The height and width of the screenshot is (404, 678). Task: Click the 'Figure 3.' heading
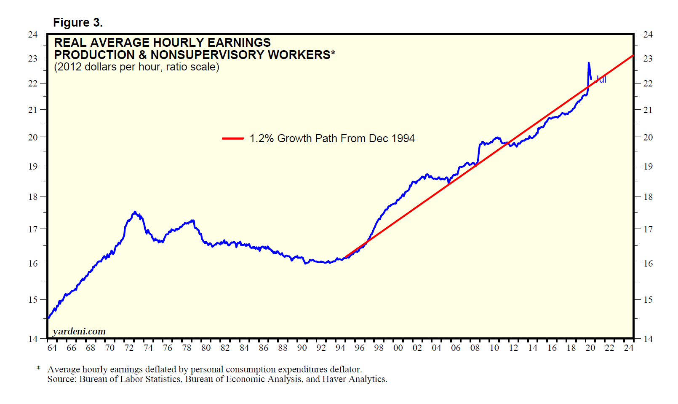78,22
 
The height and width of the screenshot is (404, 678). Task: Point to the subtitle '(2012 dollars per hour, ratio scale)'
136,67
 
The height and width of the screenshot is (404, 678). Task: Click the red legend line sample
233,138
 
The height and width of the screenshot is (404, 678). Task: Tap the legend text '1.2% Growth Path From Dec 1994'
332,138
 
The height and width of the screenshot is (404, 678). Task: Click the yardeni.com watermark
79,331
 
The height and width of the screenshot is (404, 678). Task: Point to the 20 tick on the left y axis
33,137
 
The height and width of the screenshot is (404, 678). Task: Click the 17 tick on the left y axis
33,229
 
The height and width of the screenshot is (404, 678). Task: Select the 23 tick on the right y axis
648,58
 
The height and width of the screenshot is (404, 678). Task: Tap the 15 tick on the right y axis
648,299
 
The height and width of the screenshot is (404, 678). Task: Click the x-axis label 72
129,348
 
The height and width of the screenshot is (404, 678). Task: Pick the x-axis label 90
302,348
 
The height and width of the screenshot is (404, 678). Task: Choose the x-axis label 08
475,348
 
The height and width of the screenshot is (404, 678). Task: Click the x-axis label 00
398,348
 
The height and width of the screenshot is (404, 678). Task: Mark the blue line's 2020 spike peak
589,63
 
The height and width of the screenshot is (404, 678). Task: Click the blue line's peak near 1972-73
135,212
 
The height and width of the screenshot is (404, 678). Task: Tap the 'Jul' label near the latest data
601,79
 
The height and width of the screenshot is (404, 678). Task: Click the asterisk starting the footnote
39,369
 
